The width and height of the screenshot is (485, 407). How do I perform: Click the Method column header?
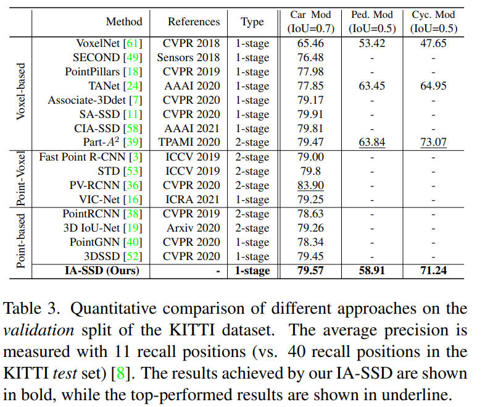[123, 22]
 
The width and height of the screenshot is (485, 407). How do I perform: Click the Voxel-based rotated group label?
[20, 91]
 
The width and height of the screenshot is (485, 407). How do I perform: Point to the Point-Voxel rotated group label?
[20, 178]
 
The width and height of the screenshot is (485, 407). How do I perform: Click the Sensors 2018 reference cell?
[191, 57]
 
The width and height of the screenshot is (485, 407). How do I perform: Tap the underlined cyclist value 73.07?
[433, 142]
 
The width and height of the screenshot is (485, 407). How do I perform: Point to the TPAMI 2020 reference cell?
[191, 142]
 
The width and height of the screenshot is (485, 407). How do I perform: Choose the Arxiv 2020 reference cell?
[191, 228]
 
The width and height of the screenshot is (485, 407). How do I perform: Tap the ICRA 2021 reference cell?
[191, 199]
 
